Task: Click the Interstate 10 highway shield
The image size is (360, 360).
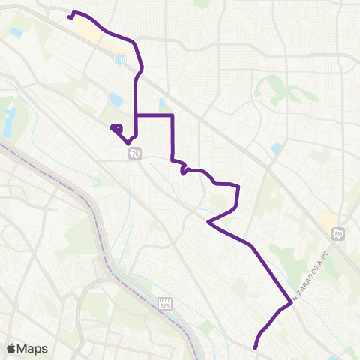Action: click(120, 58)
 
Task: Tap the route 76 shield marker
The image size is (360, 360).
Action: click(135, 153)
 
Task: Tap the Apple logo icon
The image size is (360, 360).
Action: click(11, 348)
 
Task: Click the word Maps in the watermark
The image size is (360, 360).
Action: click(33, 348)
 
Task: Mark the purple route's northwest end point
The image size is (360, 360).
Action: click(69, 16)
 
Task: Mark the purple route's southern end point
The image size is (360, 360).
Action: click(255, 346)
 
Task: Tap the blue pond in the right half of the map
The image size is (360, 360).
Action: click(277, 148)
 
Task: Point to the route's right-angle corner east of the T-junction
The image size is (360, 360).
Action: click(173, 115)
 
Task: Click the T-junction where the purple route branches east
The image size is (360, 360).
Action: click(136, 115)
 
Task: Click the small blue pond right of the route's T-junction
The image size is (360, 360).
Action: click(163, 105)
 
